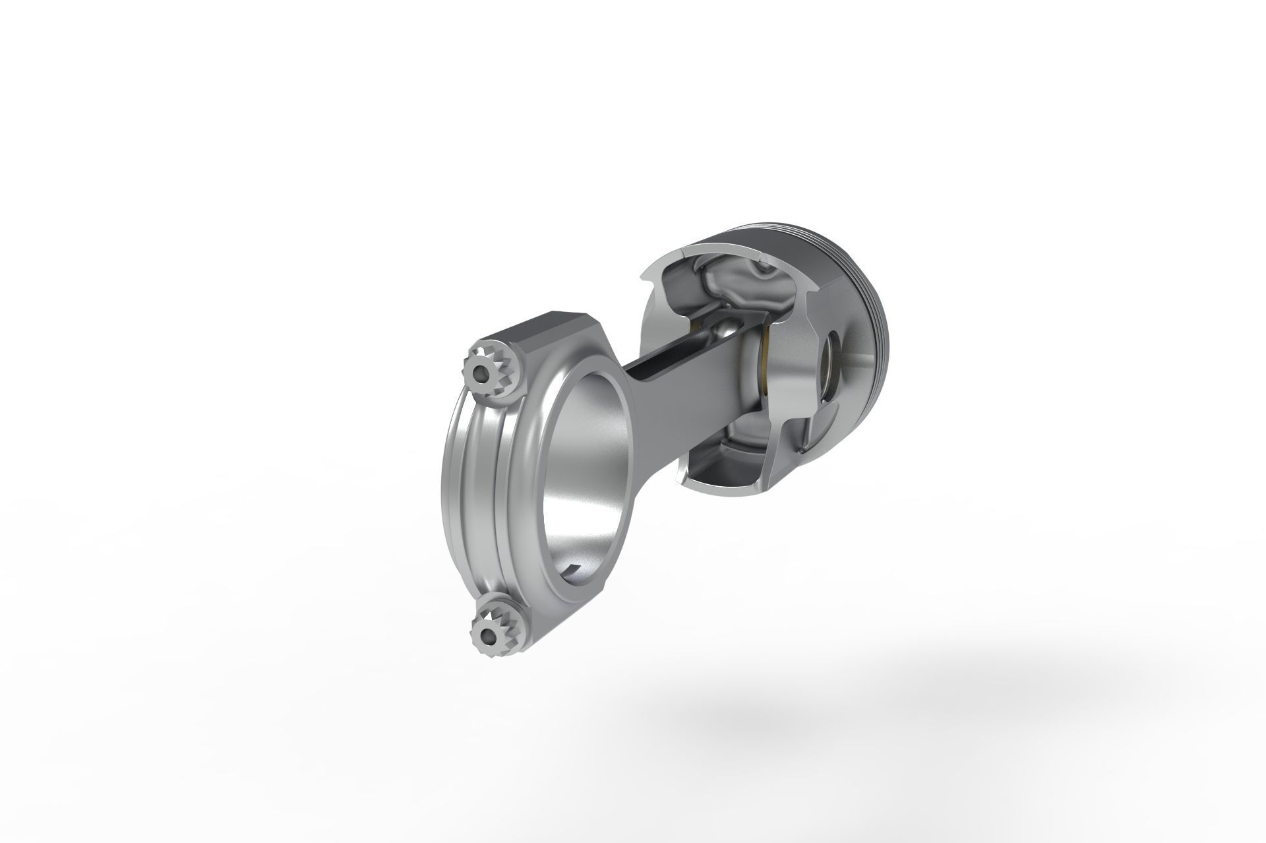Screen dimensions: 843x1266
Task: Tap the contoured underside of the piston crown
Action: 732,284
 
